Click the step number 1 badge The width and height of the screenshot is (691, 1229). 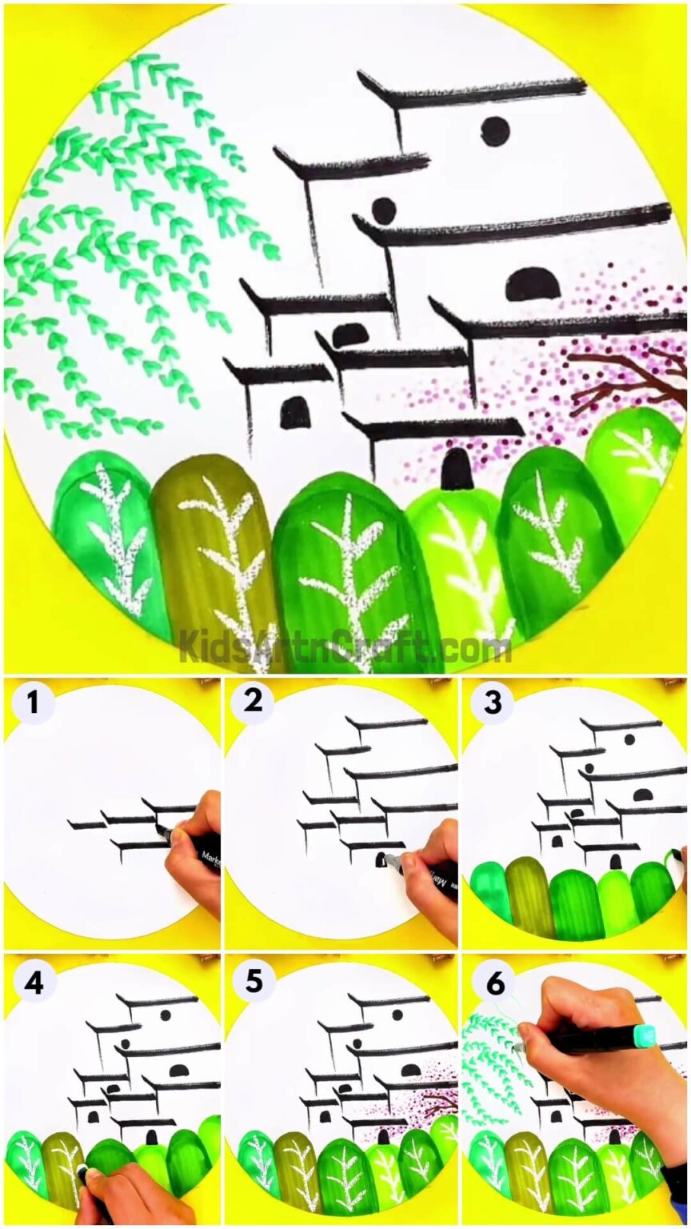pos(32,703)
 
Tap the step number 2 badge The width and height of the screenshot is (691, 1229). pos(253,703)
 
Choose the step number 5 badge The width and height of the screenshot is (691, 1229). pos(254,981)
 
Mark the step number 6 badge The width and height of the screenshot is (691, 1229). pos(495,983)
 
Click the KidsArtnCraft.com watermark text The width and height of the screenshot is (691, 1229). pos(345,647)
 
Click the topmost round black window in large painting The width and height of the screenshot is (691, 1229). pos(495,130)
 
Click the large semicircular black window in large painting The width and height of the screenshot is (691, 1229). pos(533,284)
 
